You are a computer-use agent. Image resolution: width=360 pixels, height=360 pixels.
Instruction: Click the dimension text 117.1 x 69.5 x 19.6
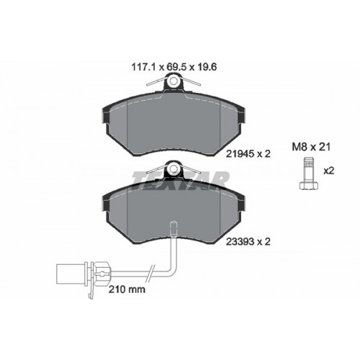coord(174,67)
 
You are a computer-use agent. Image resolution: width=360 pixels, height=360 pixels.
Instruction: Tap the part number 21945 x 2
coord(248,153)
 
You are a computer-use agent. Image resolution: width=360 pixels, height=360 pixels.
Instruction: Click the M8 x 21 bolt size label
coord(311,147)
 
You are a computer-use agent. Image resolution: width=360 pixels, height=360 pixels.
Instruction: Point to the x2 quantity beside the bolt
coord(329,171)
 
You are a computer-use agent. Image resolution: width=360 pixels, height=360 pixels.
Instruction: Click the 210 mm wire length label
coord(127,289)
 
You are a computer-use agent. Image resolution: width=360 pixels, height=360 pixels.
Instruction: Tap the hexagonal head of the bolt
coord(309,186)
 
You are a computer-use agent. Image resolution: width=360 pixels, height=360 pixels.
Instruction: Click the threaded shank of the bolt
coord(309,170)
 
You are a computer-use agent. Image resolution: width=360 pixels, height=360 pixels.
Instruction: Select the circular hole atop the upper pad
coord(174,81)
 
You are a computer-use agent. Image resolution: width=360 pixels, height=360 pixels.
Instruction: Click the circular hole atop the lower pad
coord(174,168)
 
